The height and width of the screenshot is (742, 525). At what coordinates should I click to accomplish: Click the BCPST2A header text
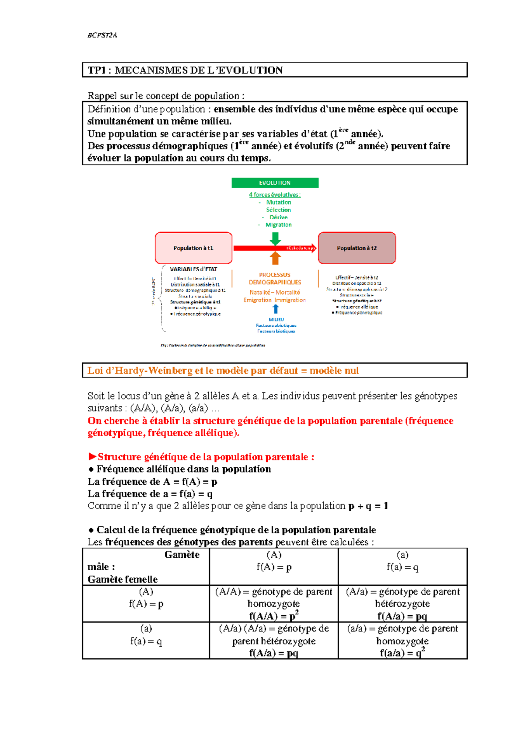(x=102, y=35)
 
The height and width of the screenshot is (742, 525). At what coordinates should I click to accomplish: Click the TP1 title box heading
(x=185, y=70)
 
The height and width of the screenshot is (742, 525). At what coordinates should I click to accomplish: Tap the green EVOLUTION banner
(x=275, y=183)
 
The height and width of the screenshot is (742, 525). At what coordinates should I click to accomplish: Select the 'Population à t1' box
(x=193, y=248)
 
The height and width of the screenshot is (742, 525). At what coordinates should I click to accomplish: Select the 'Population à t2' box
(x=357, y=248)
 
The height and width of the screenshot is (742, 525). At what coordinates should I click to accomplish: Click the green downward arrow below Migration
(x=275, y=238)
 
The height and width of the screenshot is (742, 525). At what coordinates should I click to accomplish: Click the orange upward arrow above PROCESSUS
(x=275, y=258)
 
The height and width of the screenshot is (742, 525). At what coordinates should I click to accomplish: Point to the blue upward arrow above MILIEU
(x=276, y=309)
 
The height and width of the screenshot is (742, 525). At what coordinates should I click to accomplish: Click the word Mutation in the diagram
(x=279, y=202)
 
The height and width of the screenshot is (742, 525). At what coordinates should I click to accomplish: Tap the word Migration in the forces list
(x=279, y=225)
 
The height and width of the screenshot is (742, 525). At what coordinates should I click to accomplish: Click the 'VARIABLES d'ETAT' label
(x=193, y=269)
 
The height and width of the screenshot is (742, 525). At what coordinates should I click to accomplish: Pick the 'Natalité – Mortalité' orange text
(x=275, y=292)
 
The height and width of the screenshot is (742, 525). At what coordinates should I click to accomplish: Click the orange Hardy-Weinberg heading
(x=223, y=371)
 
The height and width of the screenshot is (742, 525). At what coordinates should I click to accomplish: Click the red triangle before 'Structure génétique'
(x=92, y=457)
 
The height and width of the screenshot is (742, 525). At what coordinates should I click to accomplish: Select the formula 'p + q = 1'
(x=368, y=506)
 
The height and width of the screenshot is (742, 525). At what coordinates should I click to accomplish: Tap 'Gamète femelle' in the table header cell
(x=122, y=579)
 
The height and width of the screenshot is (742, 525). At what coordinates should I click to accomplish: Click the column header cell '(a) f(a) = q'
(x=402, y=561)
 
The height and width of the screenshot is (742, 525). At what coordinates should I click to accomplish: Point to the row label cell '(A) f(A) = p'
(x=146, y=598)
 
